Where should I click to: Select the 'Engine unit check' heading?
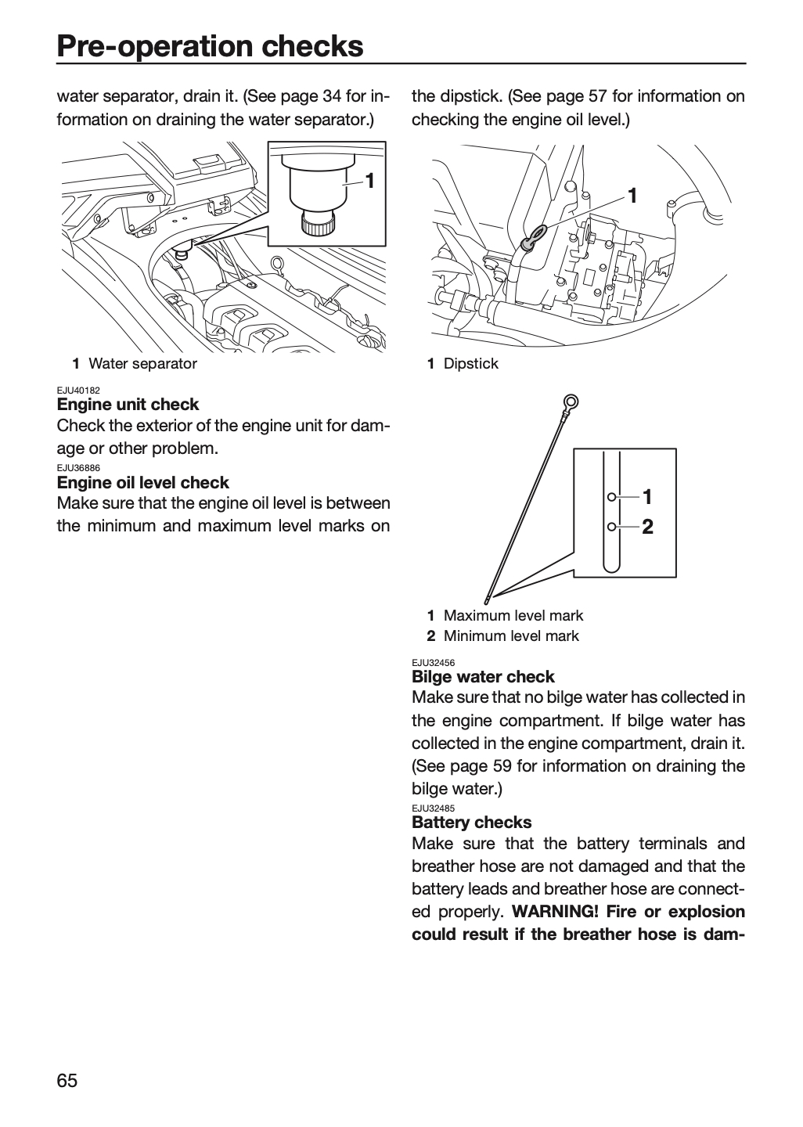tap(128, 405)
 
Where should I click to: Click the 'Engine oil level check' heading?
tap(143, 482)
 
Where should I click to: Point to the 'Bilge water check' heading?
tap(483, 677)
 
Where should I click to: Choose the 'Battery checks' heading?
tap(471, 822)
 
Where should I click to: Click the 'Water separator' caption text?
tap(143, 364)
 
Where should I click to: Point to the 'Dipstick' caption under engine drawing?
tap(471, 364)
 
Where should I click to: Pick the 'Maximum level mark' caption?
tap(513, 615)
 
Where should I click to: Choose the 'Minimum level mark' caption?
tap(511, 636)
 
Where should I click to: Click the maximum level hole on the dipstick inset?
tap(611, 497)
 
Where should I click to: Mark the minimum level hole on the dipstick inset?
tap(611, 527)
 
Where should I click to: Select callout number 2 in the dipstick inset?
tap(647, 527)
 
